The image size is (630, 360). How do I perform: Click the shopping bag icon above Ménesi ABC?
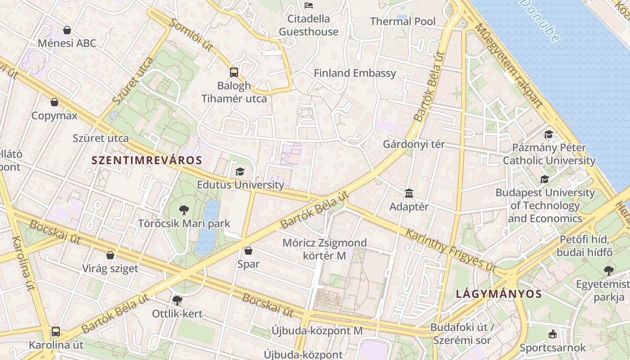(x=67, y=30)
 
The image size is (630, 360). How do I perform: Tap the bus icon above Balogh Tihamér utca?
(x=234, y=72)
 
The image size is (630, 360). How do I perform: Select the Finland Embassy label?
(x=355, y=73)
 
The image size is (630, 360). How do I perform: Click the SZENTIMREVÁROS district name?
(x=147, y=160)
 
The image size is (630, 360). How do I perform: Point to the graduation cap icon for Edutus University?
(x=240, y=171)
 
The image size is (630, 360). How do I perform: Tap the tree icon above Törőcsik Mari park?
(x=184, y=210)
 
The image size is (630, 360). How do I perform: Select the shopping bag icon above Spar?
(x=248, y=251)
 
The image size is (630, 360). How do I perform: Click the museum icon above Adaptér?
(x=409, y=193)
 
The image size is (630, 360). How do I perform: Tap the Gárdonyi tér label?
(x=414, y=144)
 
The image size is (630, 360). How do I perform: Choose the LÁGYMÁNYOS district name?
(x=499, y=294)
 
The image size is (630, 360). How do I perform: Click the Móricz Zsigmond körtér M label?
(x=324, y=249)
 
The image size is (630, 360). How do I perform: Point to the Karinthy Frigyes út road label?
(x=450, y=250)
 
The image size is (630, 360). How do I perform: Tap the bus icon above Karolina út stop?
(x=56, y=332)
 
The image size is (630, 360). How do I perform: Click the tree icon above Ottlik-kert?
(x=177, y=300)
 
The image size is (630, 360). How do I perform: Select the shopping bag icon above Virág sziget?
(x=110, y=255)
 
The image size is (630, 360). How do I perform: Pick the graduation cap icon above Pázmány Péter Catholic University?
(x=549, y=134)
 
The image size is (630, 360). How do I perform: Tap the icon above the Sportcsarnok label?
(x=553, y=334)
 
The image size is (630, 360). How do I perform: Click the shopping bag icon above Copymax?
(x=54, y=102)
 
